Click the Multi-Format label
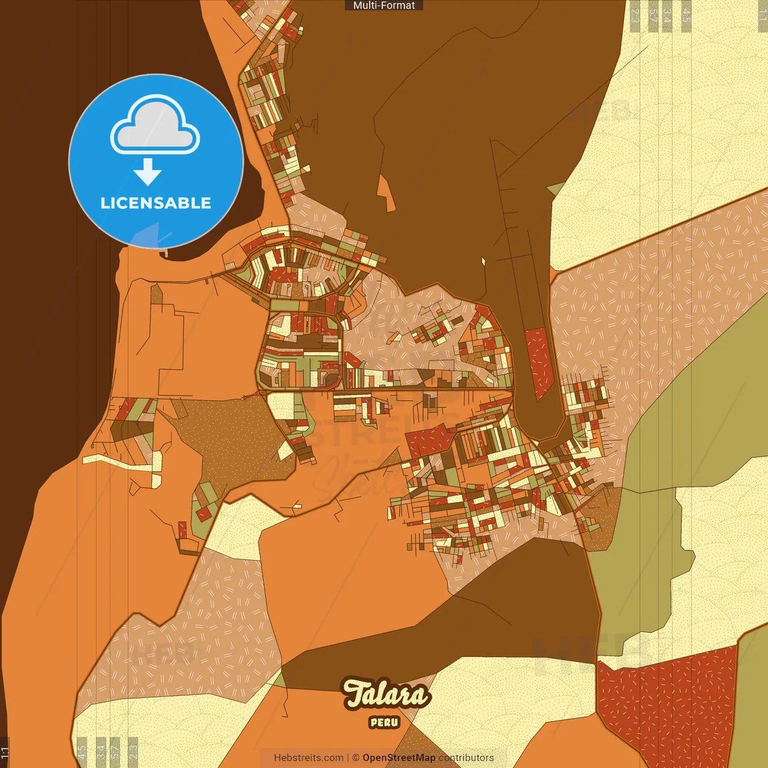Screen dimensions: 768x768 [x=384, y=5]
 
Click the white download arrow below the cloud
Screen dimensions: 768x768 [x=148, y=172]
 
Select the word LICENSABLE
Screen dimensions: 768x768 [x=155, y=203]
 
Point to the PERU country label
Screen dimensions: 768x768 [x=385, y=722]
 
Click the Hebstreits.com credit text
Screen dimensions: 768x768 [x=308, y=758]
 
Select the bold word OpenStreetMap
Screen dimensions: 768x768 [x=398, y=758]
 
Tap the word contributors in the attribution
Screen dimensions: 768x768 [x=466, y=758]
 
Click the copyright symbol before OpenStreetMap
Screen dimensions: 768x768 [x=356, y=758]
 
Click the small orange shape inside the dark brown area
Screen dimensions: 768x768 [x=385, y=193]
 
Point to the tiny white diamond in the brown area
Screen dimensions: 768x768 [x=483, y=261]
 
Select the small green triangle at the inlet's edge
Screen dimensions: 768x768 [x=555, y=190]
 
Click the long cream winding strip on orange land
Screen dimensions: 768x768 [x=120, y=461]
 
